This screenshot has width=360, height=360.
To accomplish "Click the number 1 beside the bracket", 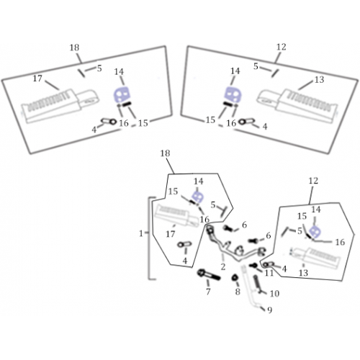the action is pos(141,233).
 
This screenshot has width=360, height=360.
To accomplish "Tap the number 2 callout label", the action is pos(223,266).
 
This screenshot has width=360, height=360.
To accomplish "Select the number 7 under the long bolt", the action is pos(208,292).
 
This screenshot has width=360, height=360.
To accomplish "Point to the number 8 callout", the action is pos(238,292).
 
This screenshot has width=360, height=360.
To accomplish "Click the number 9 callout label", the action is pos(270,310).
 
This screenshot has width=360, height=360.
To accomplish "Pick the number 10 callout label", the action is pos(274,293).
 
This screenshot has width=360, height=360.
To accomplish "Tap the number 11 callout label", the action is pos(269,273).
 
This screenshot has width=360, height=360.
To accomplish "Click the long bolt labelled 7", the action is pos(209,275).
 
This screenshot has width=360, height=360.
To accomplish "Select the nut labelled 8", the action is pos(235,278).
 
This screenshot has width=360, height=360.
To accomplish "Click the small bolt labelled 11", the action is pos(253,266).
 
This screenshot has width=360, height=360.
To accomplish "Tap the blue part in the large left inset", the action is pos(122,95).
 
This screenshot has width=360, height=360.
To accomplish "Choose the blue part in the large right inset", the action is pos(233,94).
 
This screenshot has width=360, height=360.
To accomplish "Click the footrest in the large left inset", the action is pos(60,107).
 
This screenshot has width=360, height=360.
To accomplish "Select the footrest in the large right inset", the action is pos(297,106).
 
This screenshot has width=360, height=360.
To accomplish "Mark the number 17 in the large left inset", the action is pos(37,78).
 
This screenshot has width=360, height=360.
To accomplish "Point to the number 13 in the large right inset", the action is pos(319,79).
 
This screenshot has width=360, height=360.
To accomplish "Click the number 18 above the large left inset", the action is pos(74,48).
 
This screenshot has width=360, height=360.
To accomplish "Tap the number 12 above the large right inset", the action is pos(282,47).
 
